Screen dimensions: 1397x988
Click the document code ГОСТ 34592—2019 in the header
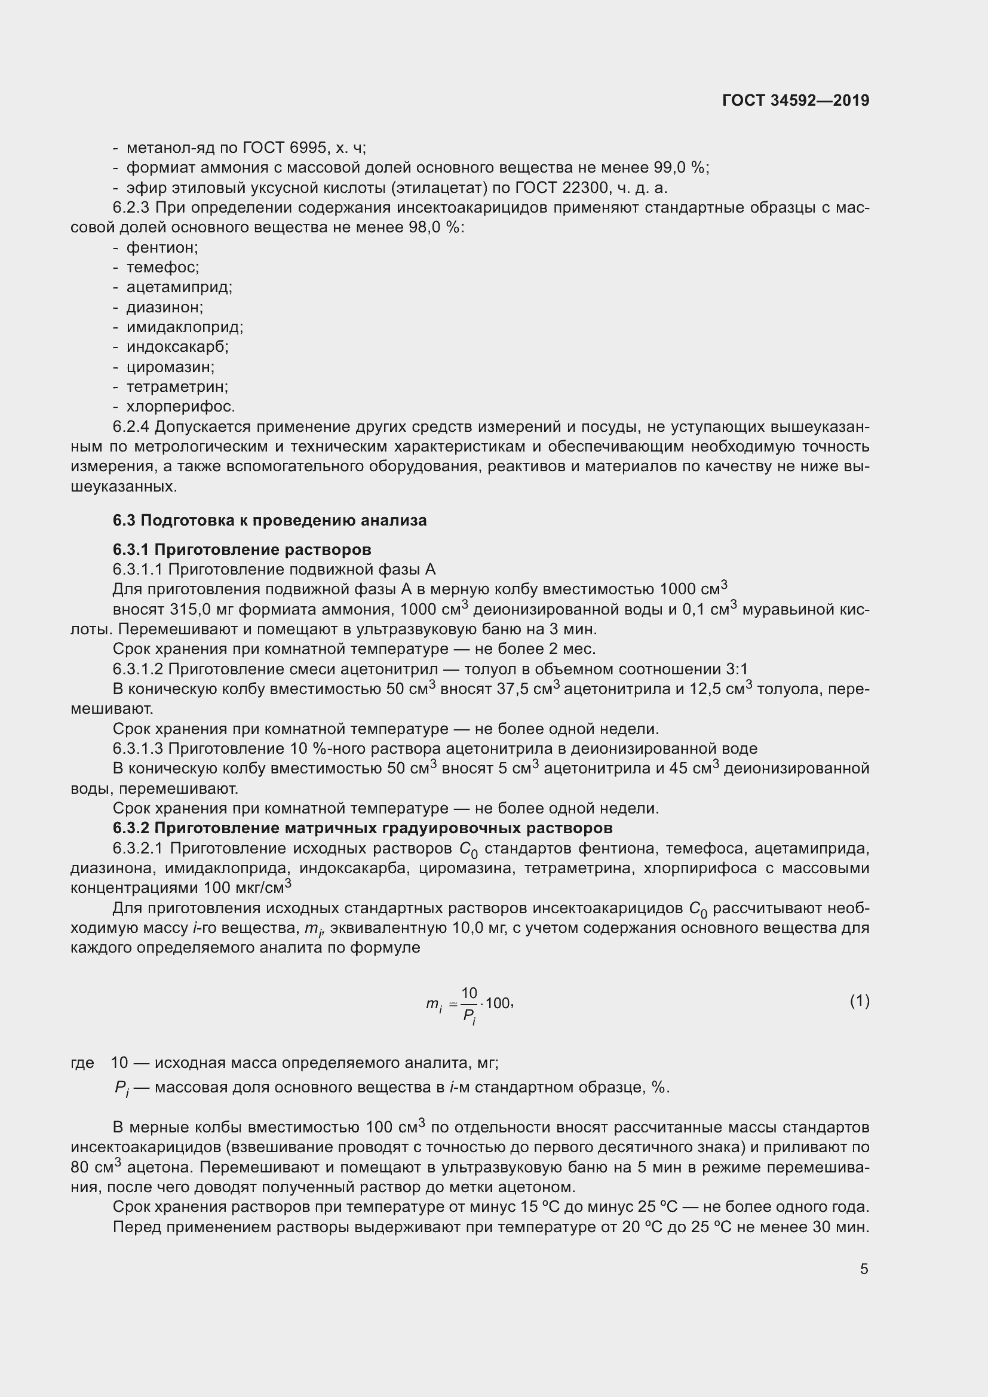point(795,100)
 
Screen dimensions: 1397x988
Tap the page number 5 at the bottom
point(864,1269)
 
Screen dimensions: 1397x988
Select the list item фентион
point(162,248)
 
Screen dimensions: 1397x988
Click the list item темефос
point(162,267)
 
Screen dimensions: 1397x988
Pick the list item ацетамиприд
point(179,287)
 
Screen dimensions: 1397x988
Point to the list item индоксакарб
point(177,347)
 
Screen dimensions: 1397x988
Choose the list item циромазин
point(170,367)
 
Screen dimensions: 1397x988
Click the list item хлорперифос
point(180,407)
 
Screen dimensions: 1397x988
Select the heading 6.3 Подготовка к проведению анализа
point(269,520)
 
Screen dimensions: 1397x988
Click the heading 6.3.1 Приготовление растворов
point(241,549)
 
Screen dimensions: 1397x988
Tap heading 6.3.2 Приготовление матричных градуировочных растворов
point(363,828)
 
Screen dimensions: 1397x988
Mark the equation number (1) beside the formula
point(859,1001)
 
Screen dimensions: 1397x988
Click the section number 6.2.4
point(131,426)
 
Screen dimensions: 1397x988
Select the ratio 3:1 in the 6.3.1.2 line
point(737,670)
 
